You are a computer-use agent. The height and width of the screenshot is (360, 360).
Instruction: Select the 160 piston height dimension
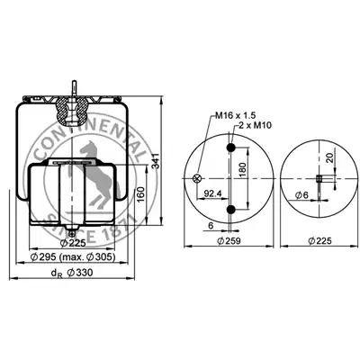coord(140,194)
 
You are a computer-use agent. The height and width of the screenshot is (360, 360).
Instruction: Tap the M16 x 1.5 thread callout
coord(236,115)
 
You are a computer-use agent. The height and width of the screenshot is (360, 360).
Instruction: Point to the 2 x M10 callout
coord(255,125)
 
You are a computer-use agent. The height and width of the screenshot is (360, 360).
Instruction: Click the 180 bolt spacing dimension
coord(242,170)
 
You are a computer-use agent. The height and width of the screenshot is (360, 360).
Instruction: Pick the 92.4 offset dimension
coord(212,193)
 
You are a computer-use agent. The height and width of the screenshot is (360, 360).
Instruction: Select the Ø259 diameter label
coord(229,240)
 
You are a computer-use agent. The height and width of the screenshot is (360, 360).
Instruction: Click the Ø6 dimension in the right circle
coord(301,195)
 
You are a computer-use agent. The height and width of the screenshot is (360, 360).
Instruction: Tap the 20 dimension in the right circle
coord(329,157)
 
